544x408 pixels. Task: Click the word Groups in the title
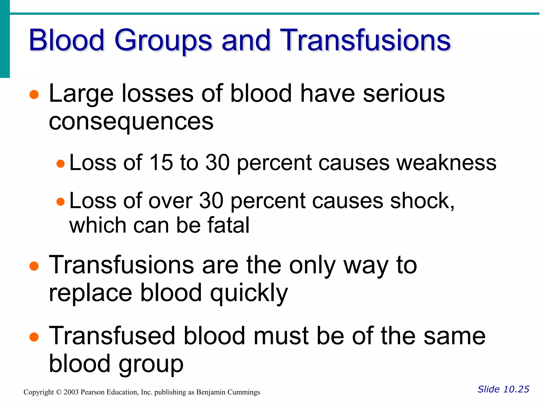coord(163,40)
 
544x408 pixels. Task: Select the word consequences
coord(131,122)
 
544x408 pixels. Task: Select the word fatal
coord(228,225)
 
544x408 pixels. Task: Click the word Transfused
coord(112,336)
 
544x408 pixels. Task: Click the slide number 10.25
coord(516,389)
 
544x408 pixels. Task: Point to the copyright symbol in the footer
coord(59,392)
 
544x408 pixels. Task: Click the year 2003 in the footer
coord(71,392)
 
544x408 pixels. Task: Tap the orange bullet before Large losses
coord(34,95)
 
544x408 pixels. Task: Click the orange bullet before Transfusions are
coord(34,266)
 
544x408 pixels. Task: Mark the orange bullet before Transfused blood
coord(34,337)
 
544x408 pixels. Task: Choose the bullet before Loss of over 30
coord(61,202)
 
